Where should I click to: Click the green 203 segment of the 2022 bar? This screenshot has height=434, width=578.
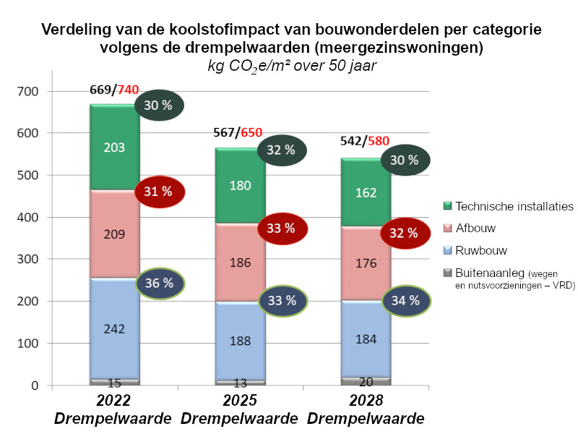tap(115, 148)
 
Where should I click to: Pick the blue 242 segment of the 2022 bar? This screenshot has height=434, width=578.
tap(115, 328)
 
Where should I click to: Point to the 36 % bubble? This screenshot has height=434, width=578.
tap(160, 284)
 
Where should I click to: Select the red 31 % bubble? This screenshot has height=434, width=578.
tap(160, 191)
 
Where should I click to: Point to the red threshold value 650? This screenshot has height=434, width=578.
tap(251, 132)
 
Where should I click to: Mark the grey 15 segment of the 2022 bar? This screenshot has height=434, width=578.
tap(115, 380)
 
